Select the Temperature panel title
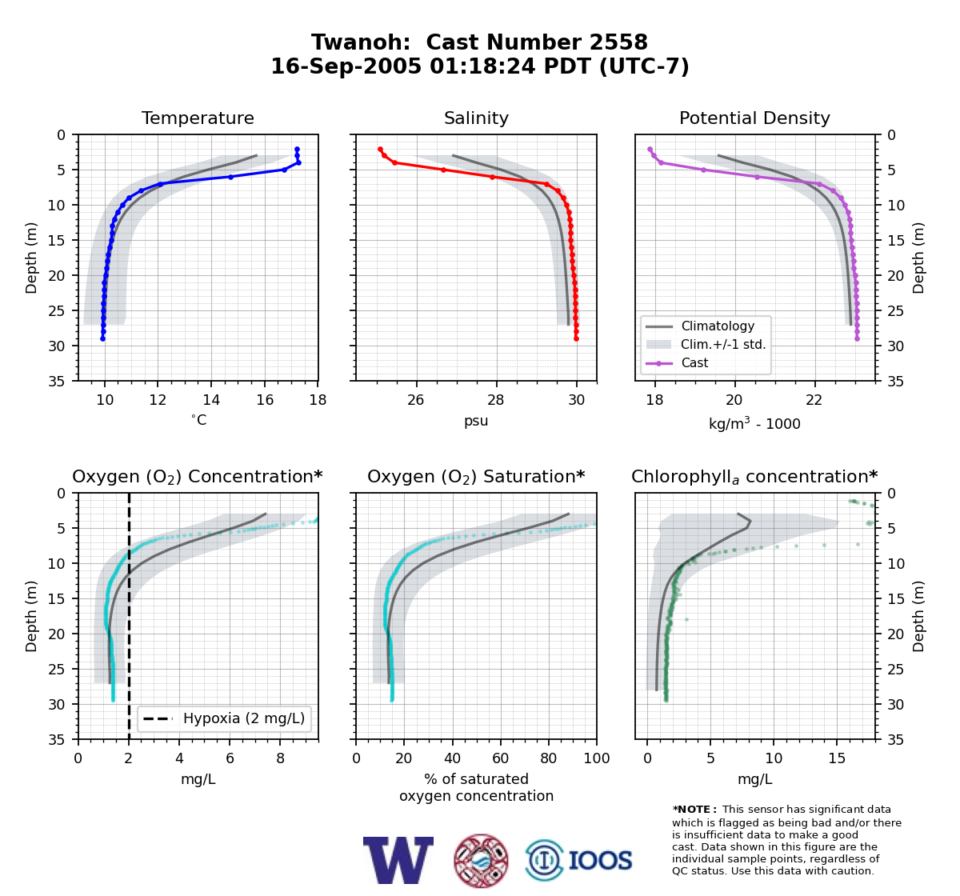[x=198, y=118]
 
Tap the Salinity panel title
[x=476, y=118]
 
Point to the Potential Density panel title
[x=754, y=118]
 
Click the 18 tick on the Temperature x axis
[x=318, y=400]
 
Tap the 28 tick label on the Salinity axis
[x=496, y=400]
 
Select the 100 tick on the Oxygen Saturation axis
[x=597, y=758]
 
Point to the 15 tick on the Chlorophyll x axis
[x=837, y=758]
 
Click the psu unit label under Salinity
[x=476, y=421]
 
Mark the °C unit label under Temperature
[x=198, y=420]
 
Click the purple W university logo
[x=398, y=860]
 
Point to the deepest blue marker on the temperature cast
[x=102, y=339]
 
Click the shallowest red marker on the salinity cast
[x=381, y=150]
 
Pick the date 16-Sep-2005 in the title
[x=346, y=66]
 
